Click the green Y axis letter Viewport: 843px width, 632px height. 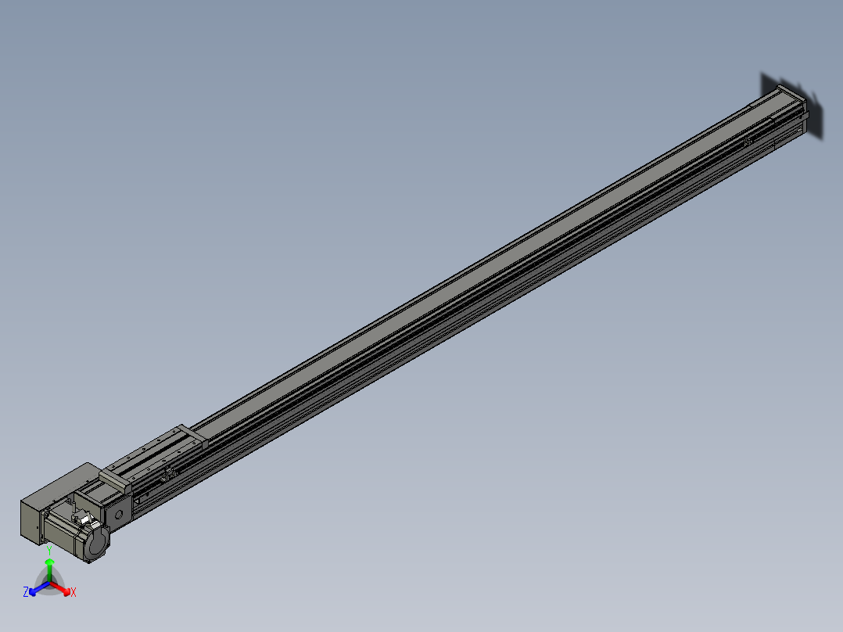point(49,550)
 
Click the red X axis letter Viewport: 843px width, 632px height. point(74,593)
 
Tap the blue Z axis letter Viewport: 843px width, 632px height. point(26,592)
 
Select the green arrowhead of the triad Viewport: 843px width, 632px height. point(49,562)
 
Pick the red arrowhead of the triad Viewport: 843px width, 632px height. point(66,589)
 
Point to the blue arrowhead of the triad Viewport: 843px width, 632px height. point(34,589)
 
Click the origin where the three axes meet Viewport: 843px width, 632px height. point(49,581)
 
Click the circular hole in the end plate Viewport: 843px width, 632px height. point(120,514)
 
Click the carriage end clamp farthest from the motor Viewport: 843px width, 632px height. point(192,436)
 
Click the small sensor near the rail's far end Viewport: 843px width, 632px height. point(747,142)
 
